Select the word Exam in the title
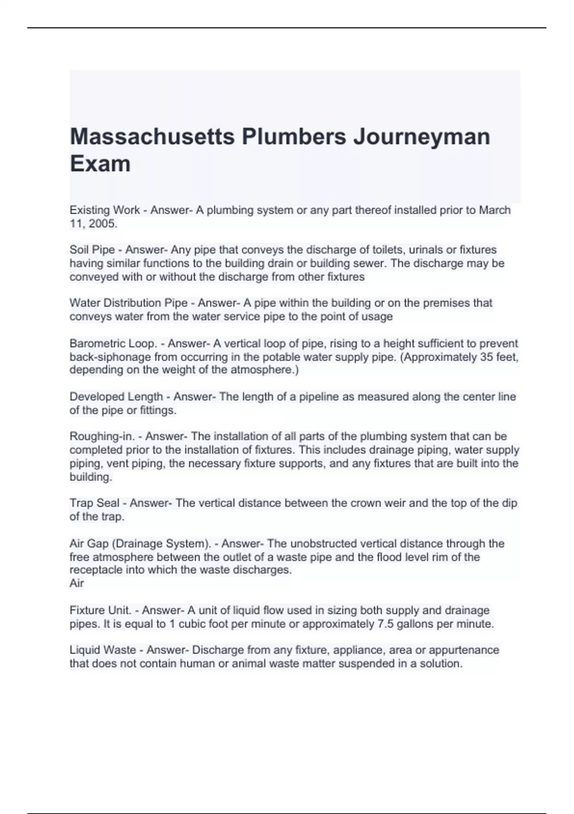(x=100, y=164)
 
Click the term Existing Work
(x=105, y=210)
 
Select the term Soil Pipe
(x=92, y=249)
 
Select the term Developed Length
(x=116, y=396)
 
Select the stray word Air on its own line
(x=77, y=583)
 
